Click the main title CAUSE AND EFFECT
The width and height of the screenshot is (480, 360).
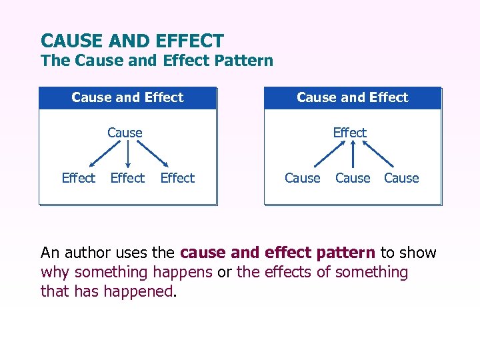coord(132,41)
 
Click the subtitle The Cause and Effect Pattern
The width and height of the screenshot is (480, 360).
coord(157,61)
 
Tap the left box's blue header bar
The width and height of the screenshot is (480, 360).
coord(127,97)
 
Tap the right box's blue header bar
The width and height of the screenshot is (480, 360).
coord(353,97)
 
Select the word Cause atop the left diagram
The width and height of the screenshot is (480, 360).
coord(125,133)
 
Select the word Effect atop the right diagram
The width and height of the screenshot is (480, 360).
coord(350,133)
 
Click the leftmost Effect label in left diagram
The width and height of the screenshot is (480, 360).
coord(78,178)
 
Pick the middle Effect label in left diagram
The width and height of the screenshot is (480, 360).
coord(127,178)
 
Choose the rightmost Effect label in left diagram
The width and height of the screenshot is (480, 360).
coord(177,178)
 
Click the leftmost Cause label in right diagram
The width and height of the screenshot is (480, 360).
coord(303,178)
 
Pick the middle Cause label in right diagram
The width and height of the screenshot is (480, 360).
coord(353,178)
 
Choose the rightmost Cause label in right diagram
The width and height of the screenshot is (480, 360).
coord(401,178)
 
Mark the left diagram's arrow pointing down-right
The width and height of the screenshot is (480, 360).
coord(153,154)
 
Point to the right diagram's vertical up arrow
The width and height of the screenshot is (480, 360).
coord(353,154)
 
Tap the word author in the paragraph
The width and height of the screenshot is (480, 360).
coord(85,253)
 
